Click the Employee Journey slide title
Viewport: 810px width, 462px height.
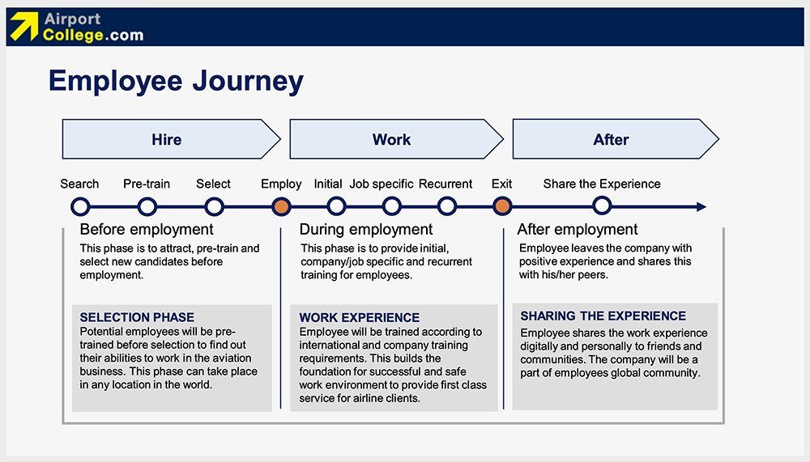(176, 81)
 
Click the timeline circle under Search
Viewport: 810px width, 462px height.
(79, 207)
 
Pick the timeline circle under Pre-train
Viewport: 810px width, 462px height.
(147, 207)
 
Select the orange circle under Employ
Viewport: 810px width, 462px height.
(281, 207)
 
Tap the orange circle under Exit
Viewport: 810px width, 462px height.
(502, 207)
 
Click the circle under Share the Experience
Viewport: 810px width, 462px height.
(602, 207)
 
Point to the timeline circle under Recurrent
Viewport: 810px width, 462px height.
(446, 207)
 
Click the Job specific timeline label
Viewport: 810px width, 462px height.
(382, 184)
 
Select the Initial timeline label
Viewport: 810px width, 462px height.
(328, 184)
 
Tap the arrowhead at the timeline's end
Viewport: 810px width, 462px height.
(701, 207)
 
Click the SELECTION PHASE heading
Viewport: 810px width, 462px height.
(137, 317)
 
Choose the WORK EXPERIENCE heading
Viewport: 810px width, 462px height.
(360, 318)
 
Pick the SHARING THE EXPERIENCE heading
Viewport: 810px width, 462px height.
(603, 316)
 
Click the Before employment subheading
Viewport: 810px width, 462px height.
(147, 230)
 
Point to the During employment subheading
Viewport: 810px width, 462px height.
(366, 230)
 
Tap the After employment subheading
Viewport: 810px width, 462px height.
(578, 230)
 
